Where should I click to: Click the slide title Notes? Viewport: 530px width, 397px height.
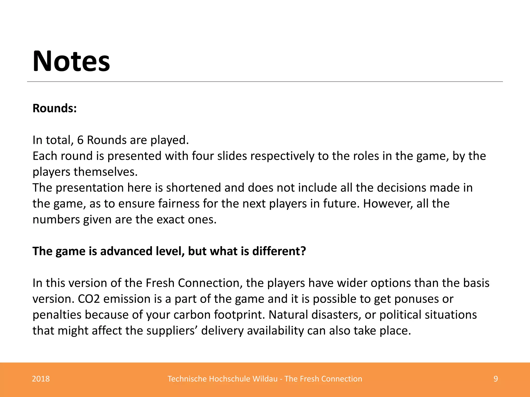[71, 62]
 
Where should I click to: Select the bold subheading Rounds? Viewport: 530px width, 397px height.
[55, 108]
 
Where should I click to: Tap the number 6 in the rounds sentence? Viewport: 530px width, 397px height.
[80, 140]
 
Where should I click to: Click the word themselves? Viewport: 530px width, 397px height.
[105, 172]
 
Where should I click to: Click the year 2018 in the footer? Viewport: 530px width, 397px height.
[41, 379]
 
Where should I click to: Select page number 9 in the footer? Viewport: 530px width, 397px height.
[496, 379]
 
